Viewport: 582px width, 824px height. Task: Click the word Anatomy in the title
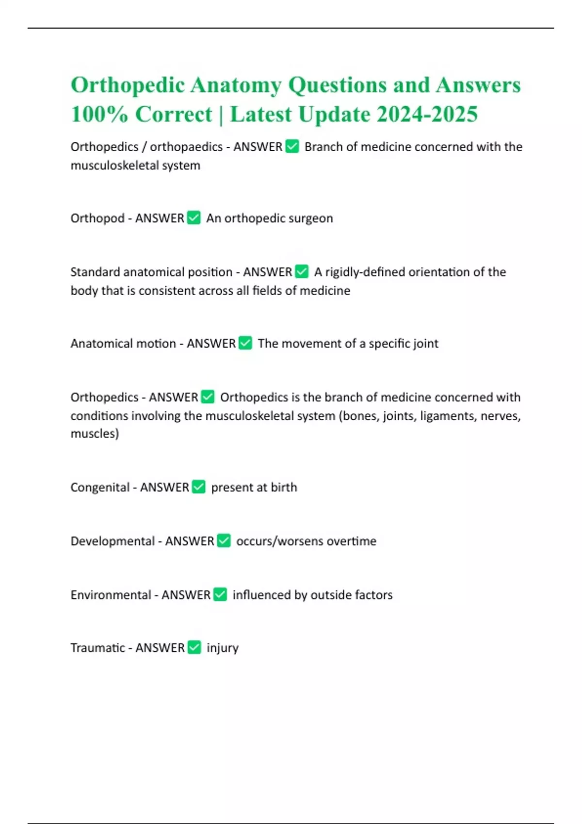point(236,85)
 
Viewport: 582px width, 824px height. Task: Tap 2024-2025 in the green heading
point(427,114)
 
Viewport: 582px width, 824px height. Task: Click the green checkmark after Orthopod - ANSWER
point(194,218)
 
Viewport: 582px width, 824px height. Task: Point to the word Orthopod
point(97,219)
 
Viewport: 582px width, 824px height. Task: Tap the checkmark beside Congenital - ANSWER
point(199,487)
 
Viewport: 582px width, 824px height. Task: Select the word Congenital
point(100,487)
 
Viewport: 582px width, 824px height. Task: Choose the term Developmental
point(113,541)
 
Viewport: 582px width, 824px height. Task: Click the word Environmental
point(111,595)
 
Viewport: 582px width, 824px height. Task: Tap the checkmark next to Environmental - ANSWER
point(220,594)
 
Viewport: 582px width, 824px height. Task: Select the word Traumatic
point(97,648)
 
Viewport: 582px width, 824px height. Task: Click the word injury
point(223,649)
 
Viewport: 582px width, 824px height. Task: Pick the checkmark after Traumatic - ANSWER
point(194,648)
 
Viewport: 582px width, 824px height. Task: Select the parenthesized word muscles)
point(95,433)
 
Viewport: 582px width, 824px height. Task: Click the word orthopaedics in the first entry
point(186,147)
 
